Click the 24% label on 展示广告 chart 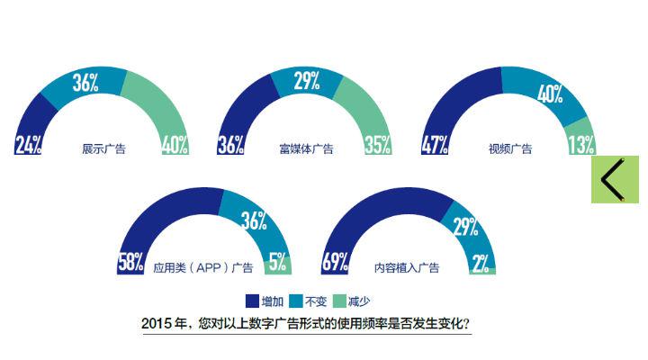pyautogui.click(x=28, y=146)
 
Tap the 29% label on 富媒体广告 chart pyautogui.click(x=307, y=82)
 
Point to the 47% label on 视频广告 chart pyautogui.click(x=436, y=146)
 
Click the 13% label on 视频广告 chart pyautogui.click(x=580, y=146)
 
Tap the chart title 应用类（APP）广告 pyautogui.click(x=203, y=267)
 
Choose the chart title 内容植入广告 pyautogui.click(x=407, y=267)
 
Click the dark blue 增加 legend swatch pyautogui.click(x=252, y=301)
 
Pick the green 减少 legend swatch pyautogui.click(x=340, y=301)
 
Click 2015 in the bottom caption pyautogui.click(x=158, y=323)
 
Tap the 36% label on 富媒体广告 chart pyautogui.click(x=231, y=146)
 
